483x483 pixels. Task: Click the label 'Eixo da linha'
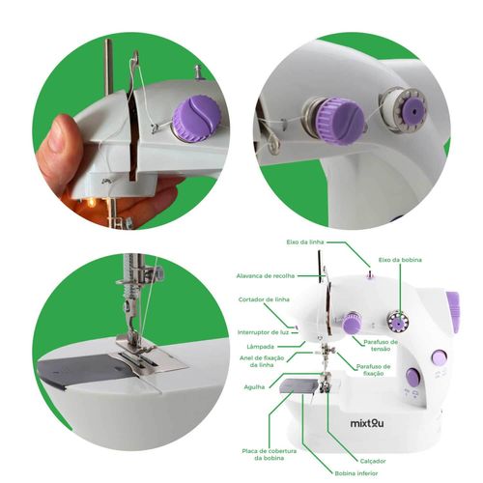click(305, 241)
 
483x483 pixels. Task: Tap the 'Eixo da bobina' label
click(400, 260)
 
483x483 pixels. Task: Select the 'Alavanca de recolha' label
click(266, 276)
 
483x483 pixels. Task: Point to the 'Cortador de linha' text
click(264, 299)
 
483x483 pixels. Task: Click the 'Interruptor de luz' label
click(263, 332)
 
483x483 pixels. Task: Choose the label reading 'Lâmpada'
click(260, 347)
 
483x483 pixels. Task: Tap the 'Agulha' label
click(254, 387)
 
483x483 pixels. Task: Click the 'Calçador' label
click(373, 461)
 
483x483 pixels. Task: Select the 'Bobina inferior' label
click(356, 473)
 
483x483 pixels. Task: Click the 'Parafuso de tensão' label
click(381, 345)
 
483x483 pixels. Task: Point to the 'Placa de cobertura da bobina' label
click(270, 454)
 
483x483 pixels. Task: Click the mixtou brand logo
click(367, 423)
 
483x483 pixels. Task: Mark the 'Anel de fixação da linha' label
click(262, 361)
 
